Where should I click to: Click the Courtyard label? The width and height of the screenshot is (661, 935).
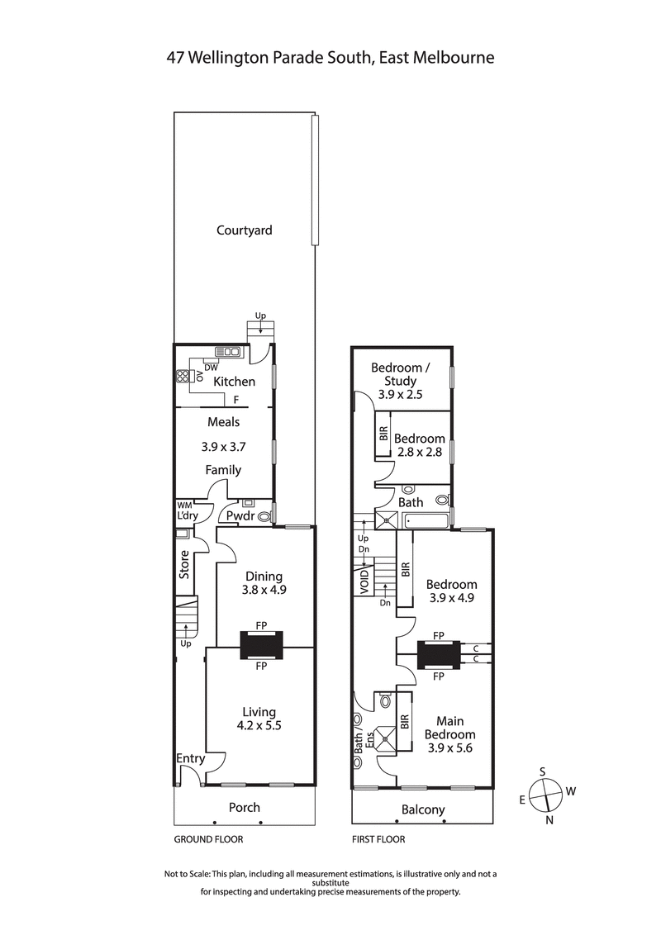point(244,230)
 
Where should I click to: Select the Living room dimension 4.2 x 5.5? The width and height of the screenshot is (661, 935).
point(259,727)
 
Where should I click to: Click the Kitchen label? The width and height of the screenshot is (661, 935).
point(234,382)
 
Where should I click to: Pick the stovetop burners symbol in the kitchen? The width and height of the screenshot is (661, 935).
point(183,377)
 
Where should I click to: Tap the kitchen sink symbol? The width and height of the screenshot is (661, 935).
point(227,352)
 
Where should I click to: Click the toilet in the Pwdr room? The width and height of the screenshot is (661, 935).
point(264,517)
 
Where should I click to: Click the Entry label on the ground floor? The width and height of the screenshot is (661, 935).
point(190,758)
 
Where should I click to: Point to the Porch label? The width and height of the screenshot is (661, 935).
point(244,808)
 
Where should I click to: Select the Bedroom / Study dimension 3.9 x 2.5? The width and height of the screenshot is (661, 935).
point(400,395)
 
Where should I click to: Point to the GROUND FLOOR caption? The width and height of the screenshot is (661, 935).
point(208,838)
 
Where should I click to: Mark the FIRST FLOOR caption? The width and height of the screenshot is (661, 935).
point(378,838)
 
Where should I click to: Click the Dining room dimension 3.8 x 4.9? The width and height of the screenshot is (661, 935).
point(264,591)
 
